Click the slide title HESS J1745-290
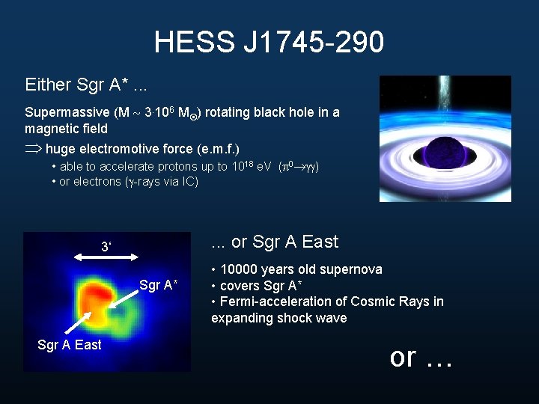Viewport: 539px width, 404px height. coord(269,42)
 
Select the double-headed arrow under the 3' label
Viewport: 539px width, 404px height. coord(105,257)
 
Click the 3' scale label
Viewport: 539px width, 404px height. coord(106,245)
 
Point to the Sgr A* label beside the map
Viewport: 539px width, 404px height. coord(158,285)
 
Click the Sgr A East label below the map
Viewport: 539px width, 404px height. coord(69,345)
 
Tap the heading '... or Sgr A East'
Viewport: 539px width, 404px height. coord(275,242)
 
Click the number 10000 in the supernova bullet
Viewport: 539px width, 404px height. coord(239,269)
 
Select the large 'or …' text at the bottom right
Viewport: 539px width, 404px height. coord(421,358)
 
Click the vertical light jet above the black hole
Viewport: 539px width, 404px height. coord(442,97)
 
